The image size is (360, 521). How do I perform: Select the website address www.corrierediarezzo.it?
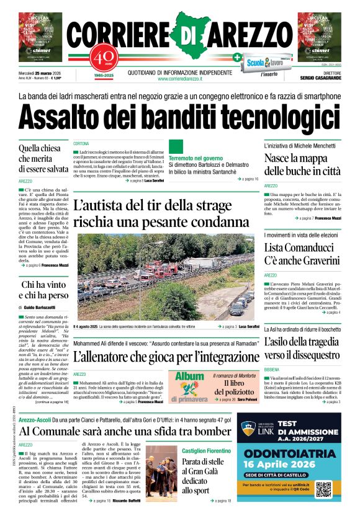pyautogui.click(x=180, y=79)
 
